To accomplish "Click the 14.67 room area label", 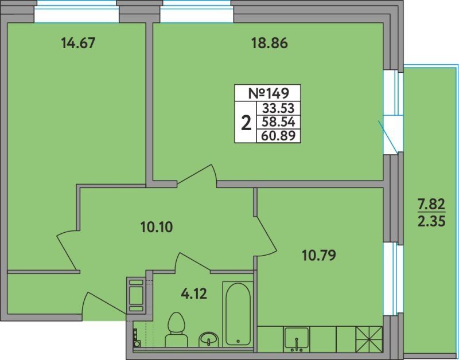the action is (78, 44).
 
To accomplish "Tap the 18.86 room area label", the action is (270, 44).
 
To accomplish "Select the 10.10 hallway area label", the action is (157, 227).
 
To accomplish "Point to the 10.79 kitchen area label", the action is (319, 256).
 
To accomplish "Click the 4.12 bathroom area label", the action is (194, 294).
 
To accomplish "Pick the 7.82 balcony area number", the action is (431, 204).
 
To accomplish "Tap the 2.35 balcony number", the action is (431, 221).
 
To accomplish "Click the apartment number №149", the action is (269, 93).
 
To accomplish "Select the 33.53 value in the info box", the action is (278, 108).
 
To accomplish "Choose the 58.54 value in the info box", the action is (278, 122).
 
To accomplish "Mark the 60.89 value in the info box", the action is (278, 135).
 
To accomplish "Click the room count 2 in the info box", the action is (246, 123).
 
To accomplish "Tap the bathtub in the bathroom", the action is (238, 314).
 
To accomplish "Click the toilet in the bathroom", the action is (176, 330).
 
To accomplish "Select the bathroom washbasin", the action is (208, 339).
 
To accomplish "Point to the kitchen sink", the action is (297, 339).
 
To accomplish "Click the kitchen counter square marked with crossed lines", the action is (369, 339).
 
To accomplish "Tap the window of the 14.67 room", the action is (77, 11).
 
